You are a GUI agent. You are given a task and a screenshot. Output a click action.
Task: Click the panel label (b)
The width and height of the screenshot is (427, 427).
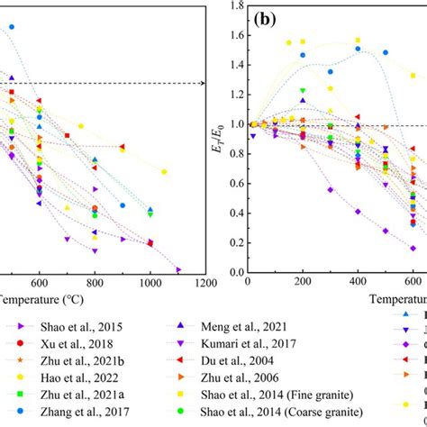(268, 18)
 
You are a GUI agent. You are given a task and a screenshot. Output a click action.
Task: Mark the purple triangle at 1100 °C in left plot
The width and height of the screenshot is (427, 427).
(178, 269)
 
